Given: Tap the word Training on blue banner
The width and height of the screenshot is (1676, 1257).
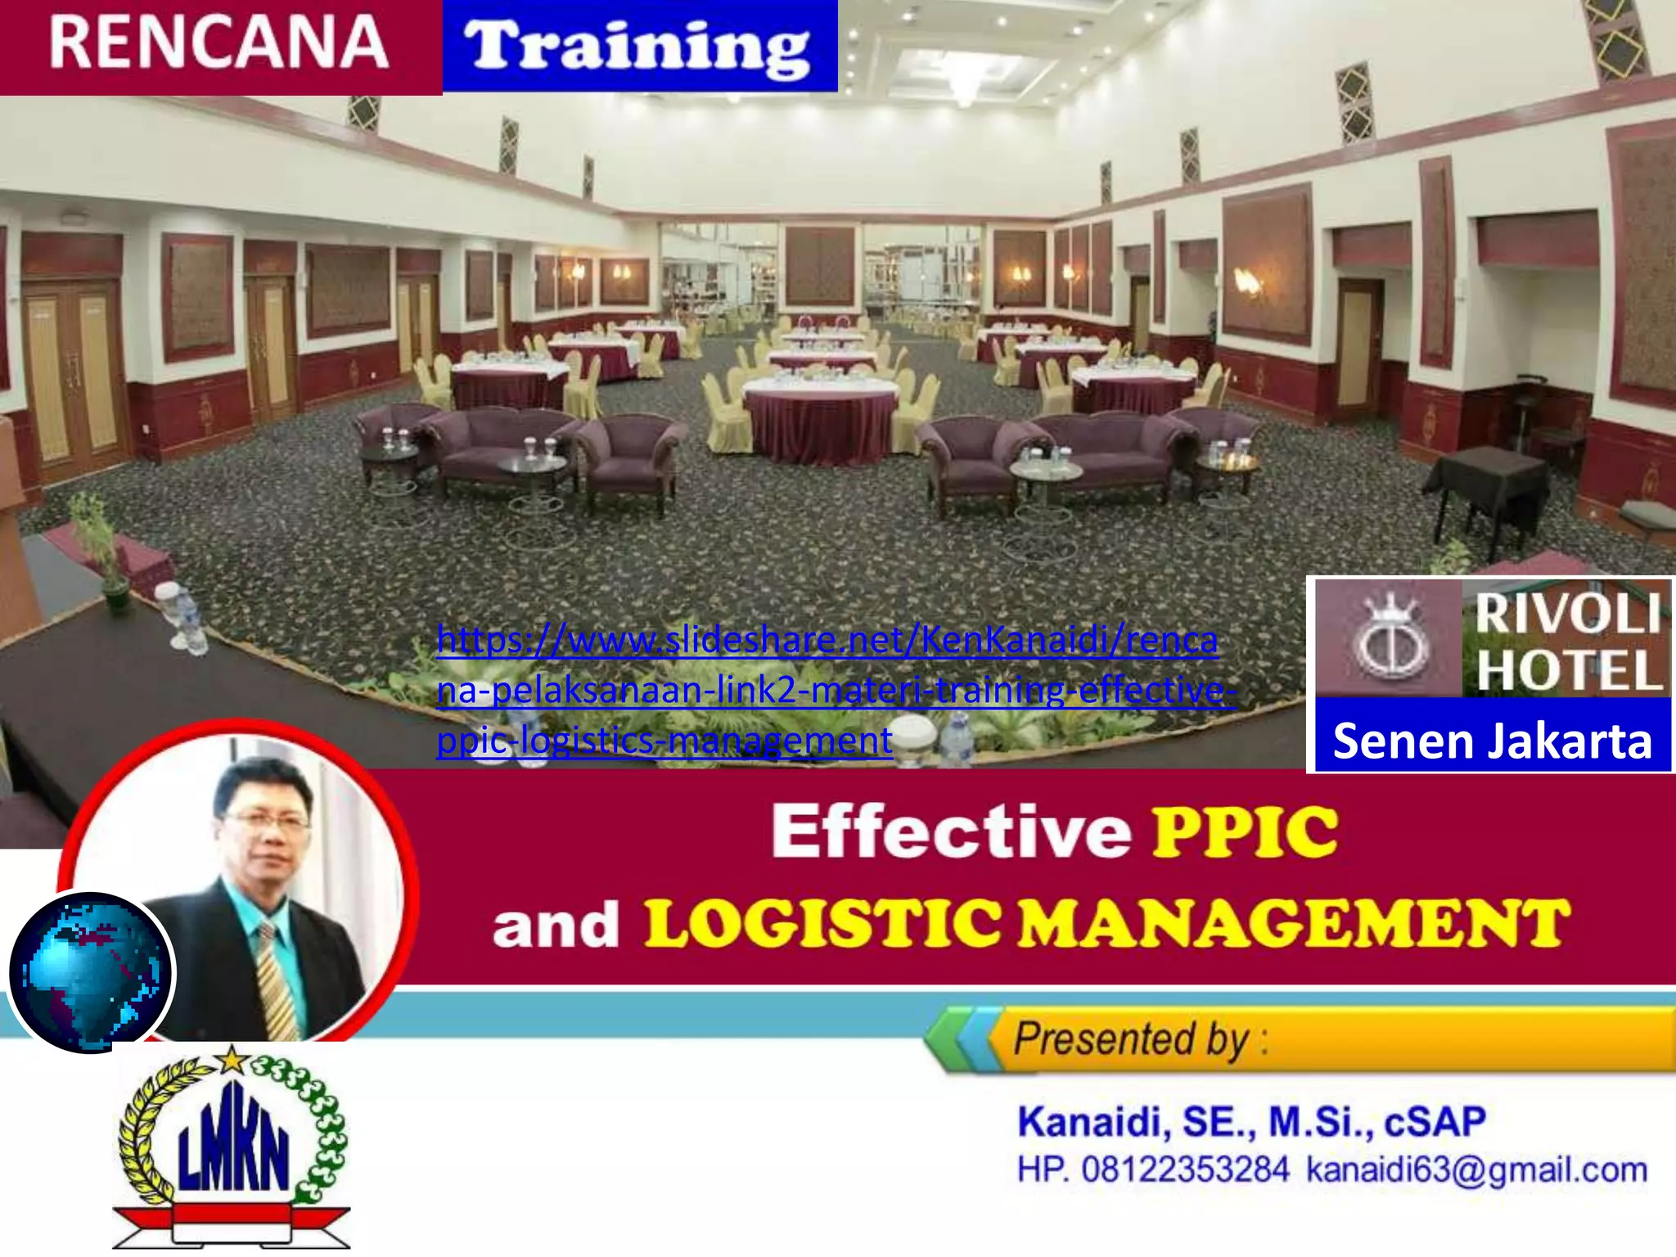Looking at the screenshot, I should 638,47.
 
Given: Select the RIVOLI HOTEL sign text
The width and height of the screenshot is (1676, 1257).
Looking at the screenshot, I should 1566,642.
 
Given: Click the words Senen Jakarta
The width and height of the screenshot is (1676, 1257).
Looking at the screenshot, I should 1492,741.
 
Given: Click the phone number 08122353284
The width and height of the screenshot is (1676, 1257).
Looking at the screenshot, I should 1185,1169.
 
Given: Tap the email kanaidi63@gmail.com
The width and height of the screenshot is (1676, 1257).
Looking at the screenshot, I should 1476,1169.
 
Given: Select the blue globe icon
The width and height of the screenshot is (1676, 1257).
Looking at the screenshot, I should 92,971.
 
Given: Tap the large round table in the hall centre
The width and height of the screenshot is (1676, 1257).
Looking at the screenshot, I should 821,417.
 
